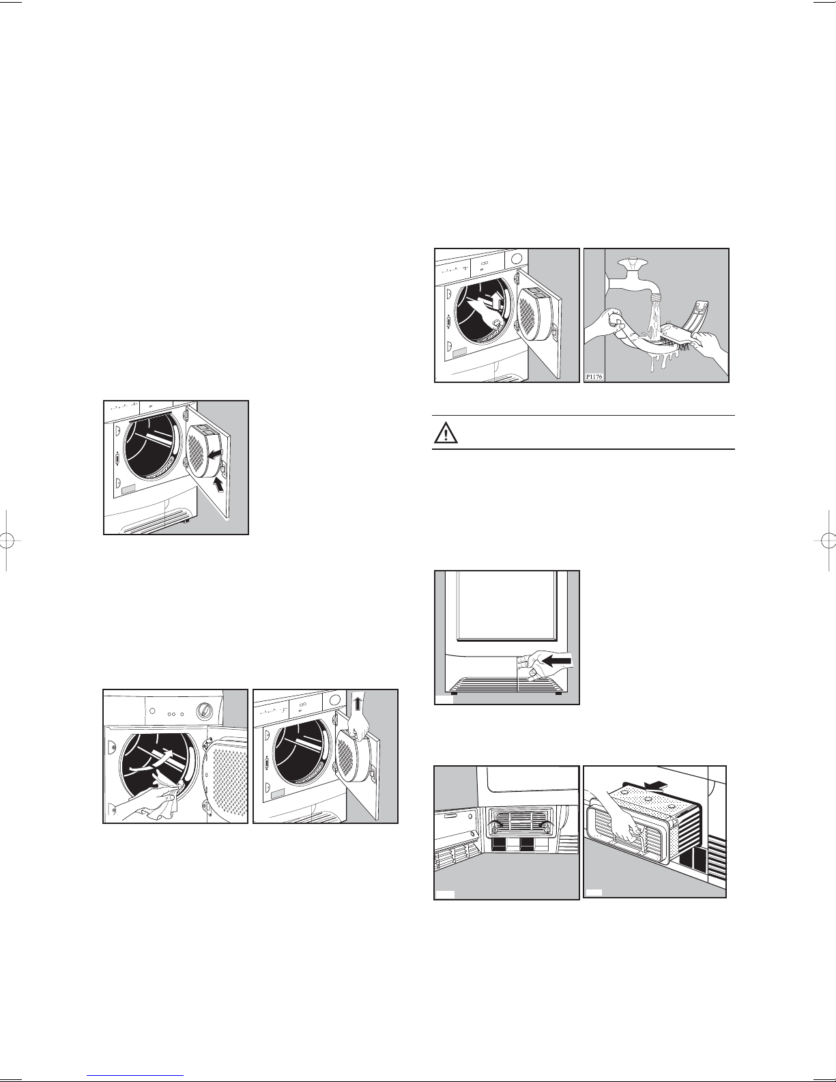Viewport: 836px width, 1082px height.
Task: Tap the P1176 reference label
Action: [594, 376]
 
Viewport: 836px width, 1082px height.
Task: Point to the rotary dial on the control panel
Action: [203, 709]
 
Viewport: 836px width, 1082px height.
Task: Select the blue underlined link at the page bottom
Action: [135, 1076]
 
